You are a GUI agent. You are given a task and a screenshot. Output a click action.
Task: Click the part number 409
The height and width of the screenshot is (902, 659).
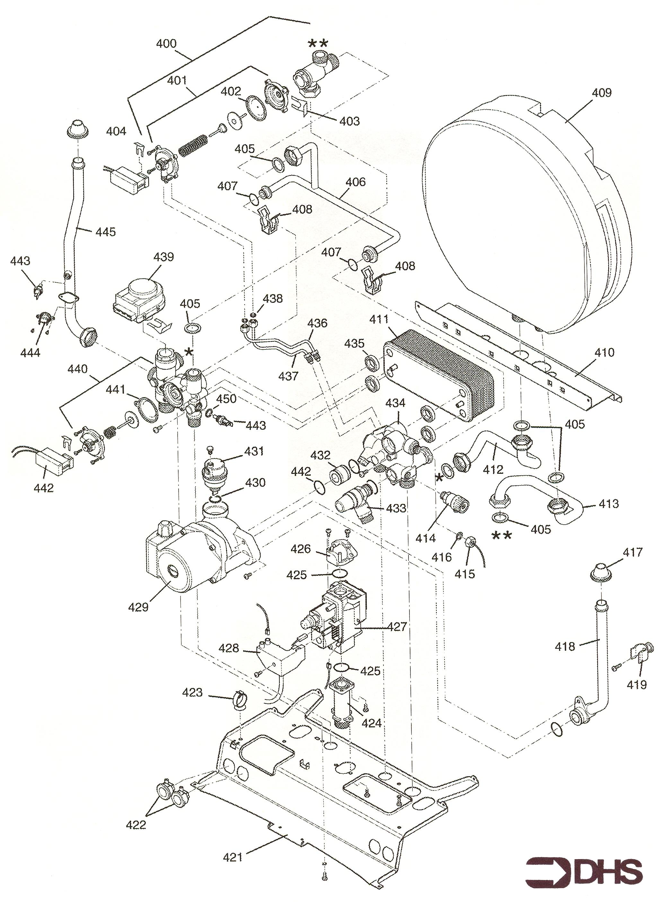602,93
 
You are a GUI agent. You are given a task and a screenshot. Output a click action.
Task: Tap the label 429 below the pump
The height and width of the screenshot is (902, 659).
138,607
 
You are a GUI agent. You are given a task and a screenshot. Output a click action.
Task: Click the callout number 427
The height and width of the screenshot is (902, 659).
397,627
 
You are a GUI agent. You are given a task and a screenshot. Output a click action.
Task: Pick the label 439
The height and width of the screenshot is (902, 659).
164,257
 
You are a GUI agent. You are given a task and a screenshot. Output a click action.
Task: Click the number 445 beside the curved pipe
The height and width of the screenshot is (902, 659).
106,232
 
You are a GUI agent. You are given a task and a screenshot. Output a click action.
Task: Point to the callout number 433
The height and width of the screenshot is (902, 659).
396,508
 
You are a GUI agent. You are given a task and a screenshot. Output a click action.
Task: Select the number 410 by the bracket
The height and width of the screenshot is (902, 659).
604,353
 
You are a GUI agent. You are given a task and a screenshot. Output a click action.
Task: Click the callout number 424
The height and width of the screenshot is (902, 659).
371,723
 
